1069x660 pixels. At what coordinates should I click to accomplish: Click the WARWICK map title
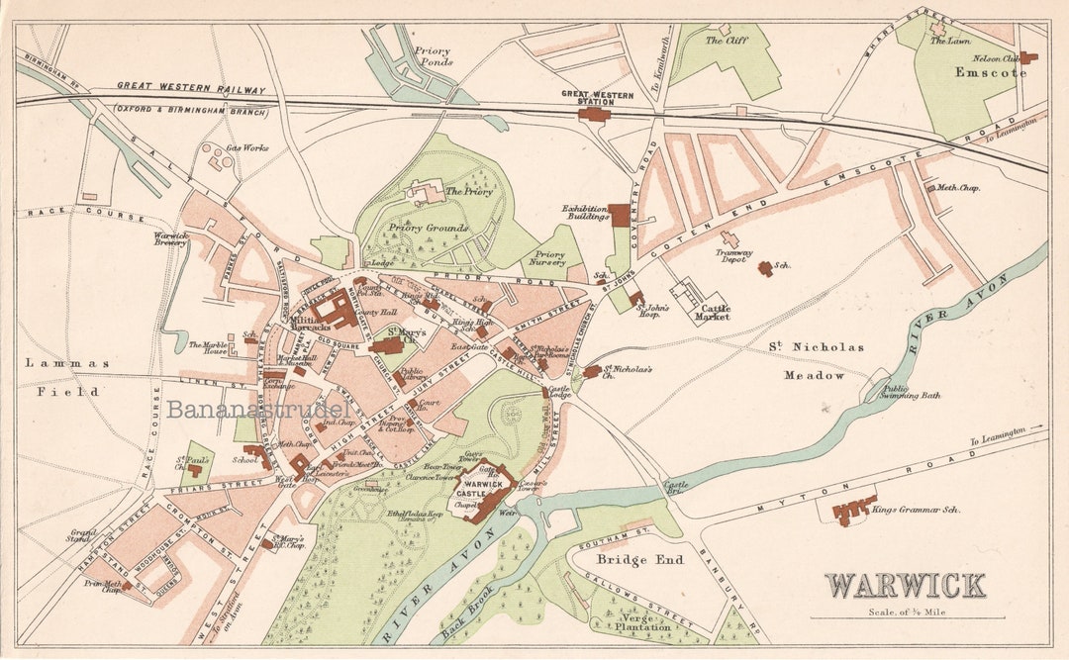[x=906, y=586]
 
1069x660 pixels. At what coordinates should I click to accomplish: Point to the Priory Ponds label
[x=433, y=57]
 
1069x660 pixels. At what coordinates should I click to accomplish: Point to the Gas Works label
[x=246, y=148]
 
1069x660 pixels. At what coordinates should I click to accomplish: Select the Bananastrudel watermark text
[x=257, y=409]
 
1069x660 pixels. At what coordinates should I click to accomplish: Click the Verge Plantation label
[x=644, y=621]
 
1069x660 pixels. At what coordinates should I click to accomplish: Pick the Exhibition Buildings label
[x=585, y=213]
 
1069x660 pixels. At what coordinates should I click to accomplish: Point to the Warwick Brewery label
[x=170, y=239]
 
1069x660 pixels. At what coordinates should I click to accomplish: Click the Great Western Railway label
[x=191, y=89]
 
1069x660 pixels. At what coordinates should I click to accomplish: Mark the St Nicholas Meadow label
[x=816, y=361]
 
